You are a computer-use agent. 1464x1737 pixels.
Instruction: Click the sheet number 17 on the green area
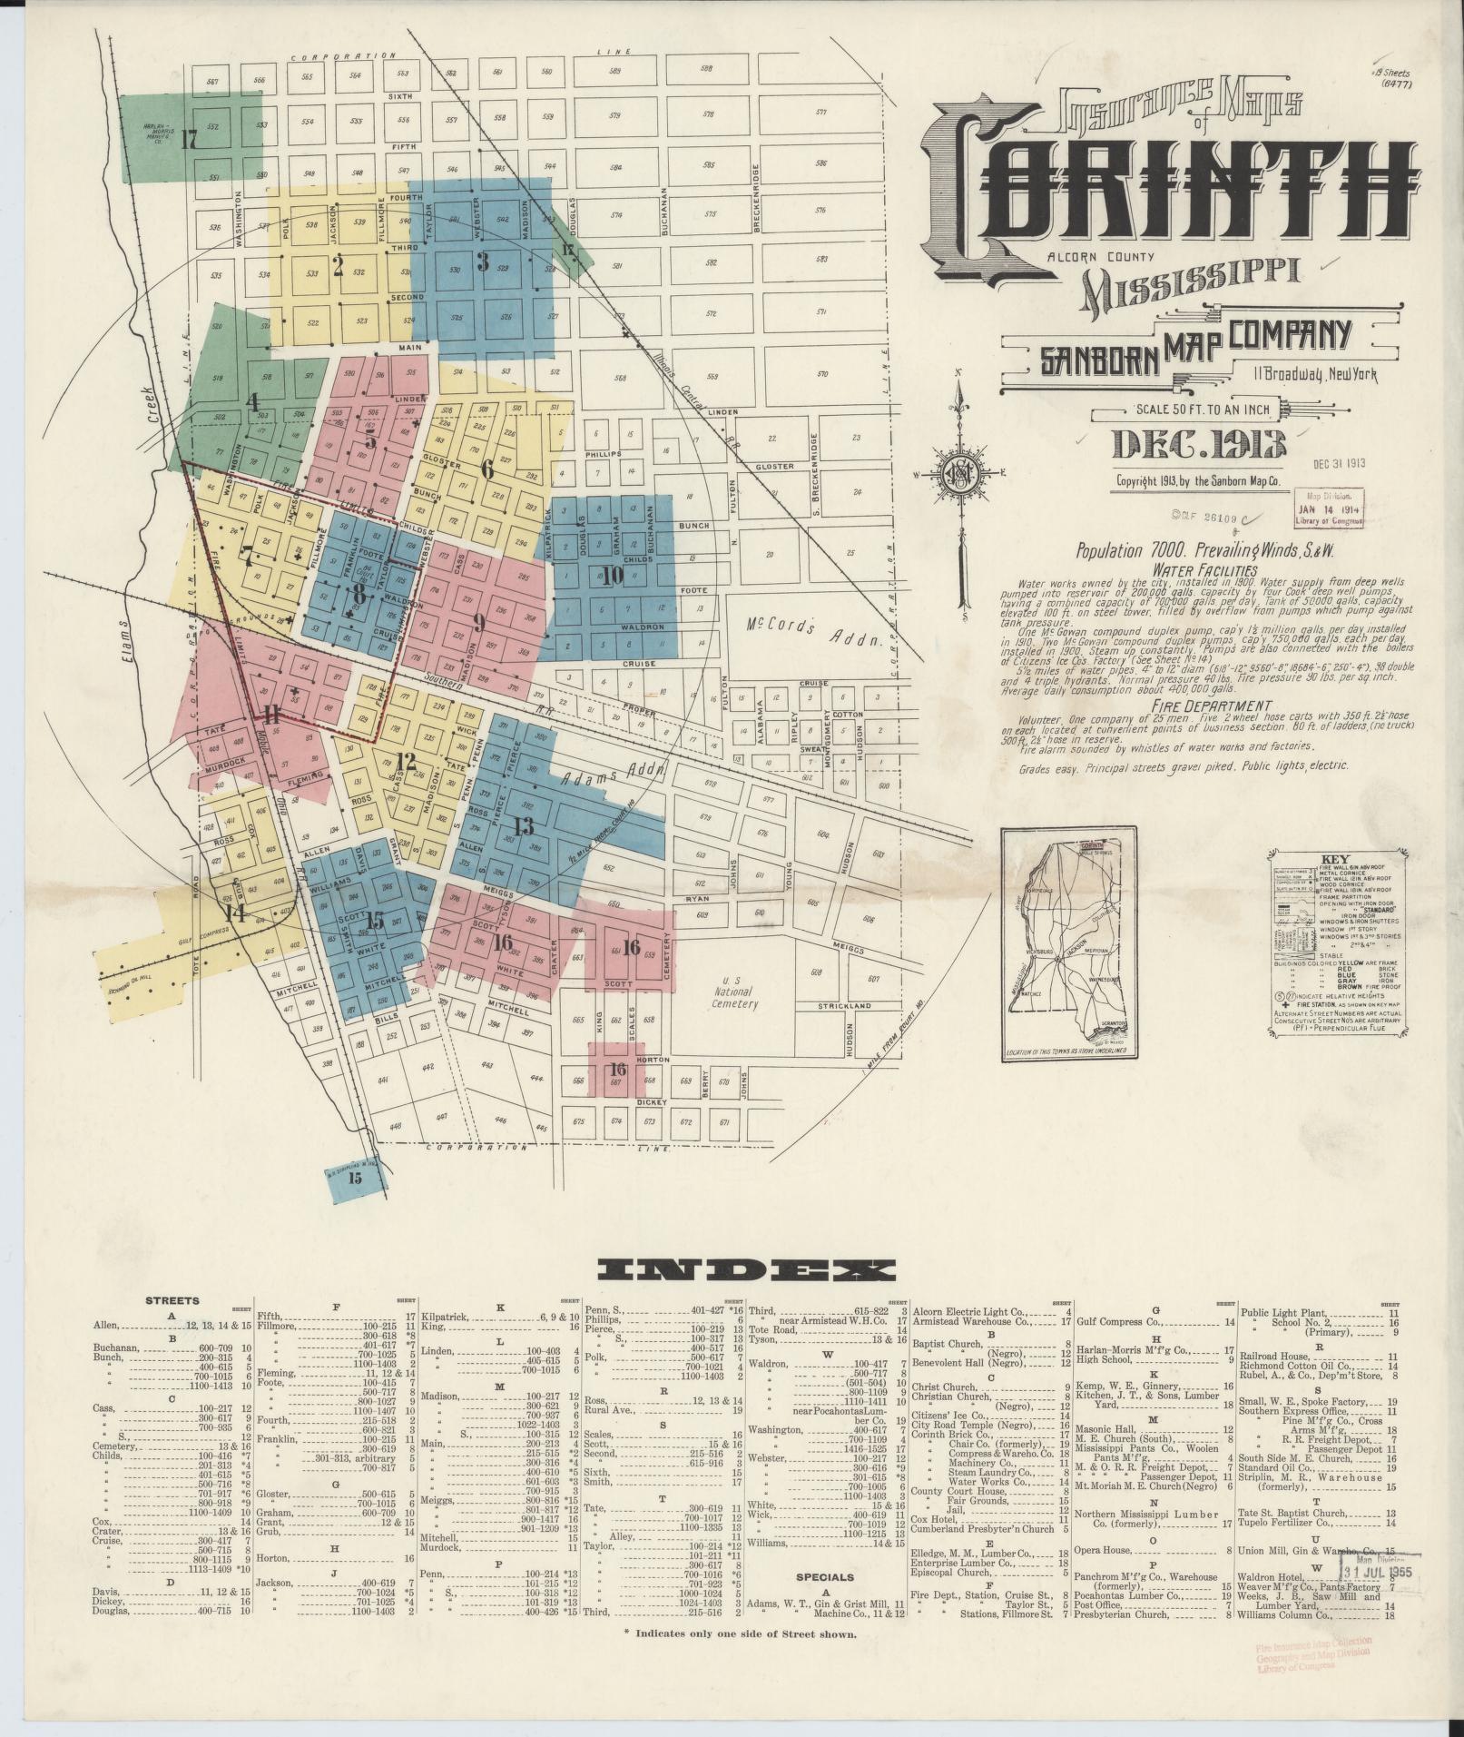point(189,141)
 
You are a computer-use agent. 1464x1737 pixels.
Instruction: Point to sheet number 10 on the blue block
point(612,575)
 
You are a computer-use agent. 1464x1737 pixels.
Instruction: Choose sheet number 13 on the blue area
point(523,826)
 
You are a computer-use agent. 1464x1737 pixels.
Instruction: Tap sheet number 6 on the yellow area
point(487,469)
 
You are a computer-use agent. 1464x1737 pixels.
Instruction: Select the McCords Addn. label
point(814,632)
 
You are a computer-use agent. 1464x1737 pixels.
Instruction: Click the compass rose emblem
point(959,472)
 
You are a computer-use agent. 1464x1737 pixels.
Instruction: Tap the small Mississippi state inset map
point(1068,944)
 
